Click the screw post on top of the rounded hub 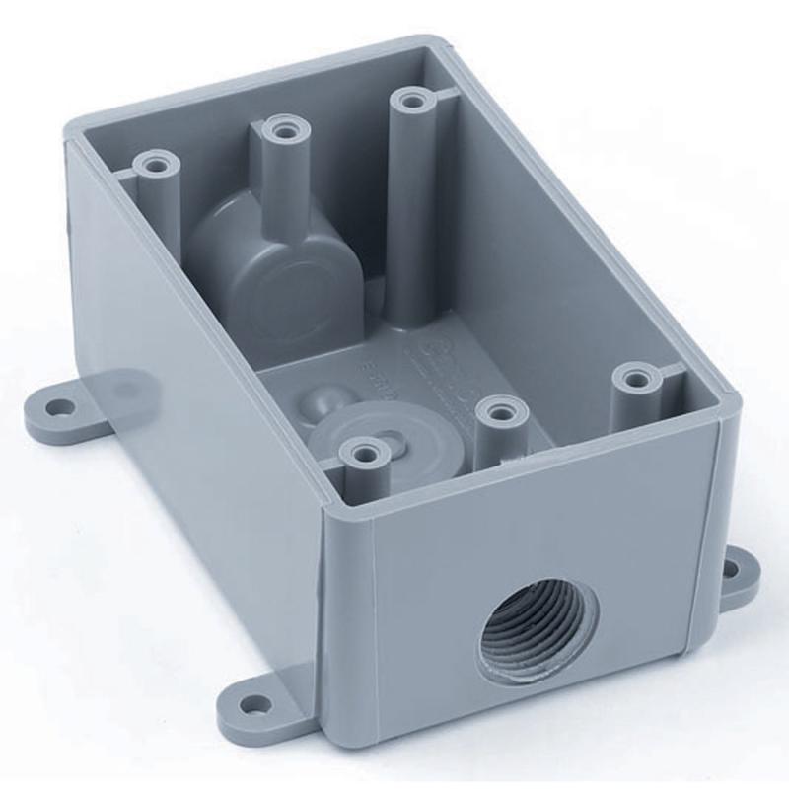point(284,129)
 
